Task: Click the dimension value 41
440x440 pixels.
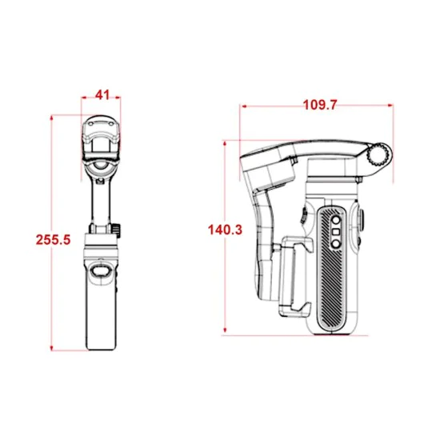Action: click(102, 95)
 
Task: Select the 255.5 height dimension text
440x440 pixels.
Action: click(53, 240)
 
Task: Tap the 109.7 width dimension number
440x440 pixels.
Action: click(320, 105)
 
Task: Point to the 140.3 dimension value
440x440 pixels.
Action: click(225, 230)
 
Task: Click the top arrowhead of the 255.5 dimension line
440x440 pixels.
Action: click(52, 118)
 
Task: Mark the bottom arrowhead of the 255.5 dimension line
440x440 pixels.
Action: click(52, 348)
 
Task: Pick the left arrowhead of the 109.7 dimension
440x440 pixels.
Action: click(244, 106)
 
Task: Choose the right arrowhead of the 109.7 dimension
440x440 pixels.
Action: click(390, 106)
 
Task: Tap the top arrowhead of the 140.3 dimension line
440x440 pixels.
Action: click(225, 144)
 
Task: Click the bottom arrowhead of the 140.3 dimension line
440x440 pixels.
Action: click(225, 330)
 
